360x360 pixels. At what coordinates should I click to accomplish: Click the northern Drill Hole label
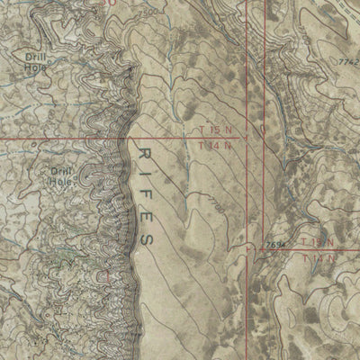[x=34, y=60]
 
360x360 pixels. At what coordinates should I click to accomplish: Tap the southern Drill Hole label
[x=61, y=175]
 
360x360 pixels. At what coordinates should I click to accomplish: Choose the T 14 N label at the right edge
[x=319, y=259]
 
